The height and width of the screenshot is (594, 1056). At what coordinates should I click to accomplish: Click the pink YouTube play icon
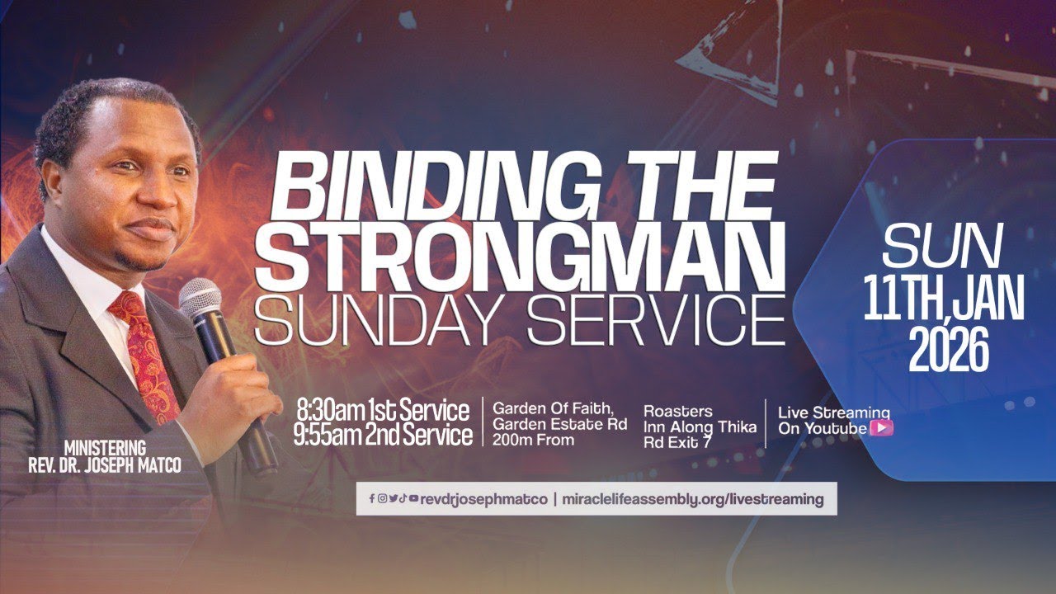tap(882, 428)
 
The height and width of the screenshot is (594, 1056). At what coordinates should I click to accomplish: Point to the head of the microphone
tap(200, 298)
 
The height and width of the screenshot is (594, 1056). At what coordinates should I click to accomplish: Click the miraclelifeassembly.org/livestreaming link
tap(693, 499)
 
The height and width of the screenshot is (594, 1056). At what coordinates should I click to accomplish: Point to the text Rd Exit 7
tap(677, 443)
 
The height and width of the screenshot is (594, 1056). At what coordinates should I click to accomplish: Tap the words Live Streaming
tap(833, 412)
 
